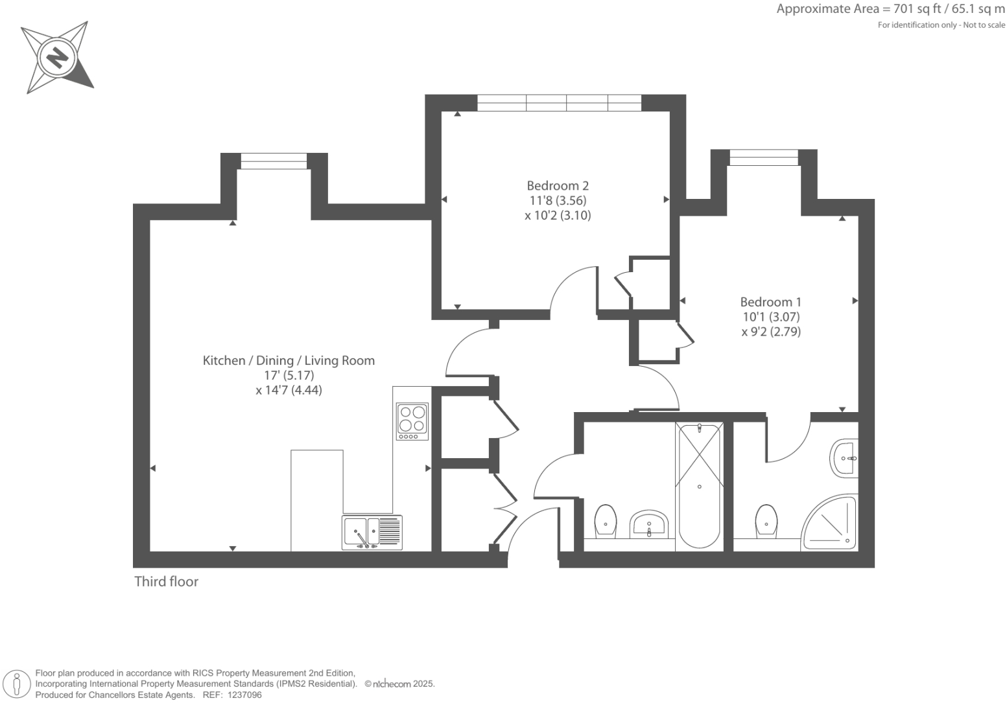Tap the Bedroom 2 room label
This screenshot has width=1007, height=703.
tap(558, 186)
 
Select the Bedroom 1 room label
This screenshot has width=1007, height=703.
tap(770, 302)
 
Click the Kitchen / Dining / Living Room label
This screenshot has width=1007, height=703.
tap(289, 361)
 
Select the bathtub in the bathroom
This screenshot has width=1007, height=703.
tap(699, 484)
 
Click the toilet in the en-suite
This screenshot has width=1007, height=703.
tap(766, 521)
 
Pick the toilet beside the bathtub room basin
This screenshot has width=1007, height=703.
tap(606, 521)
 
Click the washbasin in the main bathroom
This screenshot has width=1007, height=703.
tap(648, 524)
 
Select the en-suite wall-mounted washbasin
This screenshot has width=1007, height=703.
tap(845, 458)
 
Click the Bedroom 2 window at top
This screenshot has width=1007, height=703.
tap(559, 103)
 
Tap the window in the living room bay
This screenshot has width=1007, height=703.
tap(274, 161)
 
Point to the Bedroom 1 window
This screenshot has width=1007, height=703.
tap(763, 157)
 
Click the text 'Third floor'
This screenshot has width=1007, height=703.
tap(166, 582)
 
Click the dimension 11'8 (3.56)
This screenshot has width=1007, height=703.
tap(558, 201)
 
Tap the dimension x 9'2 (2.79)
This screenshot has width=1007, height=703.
tap(771, 332)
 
